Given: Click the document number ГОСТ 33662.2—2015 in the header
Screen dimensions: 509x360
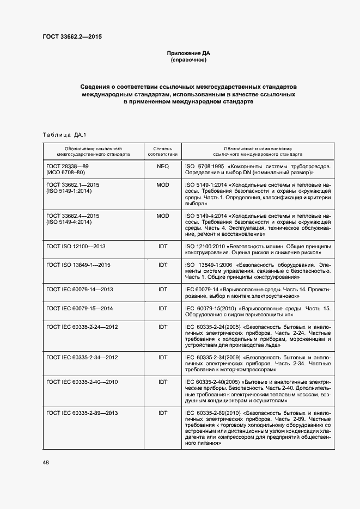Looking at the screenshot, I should pyautogui.click(x=72, y=37).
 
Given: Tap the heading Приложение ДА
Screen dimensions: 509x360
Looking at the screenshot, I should pyautogui.click(x=188, y=53).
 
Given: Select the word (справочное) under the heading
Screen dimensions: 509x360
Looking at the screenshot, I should pyautogui.click(x=188, y=60).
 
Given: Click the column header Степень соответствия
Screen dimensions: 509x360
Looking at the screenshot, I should pyautogui.click(x=162, y=151).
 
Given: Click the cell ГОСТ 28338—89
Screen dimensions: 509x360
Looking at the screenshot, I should pyautogui.click(x=68, y=165).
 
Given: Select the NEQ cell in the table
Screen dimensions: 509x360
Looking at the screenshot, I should pyautogui.click(x=162, y=165).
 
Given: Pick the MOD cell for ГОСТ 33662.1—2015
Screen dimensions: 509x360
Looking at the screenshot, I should pyautogui.click(x=162, y=186).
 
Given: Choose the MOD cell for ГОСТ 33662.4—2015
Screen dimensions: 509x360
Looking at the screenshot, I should pyautogui.click(x=162, y=216).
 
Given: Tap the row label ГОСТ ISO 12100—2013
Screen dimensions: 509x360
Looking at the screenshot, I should pyautogui.click(x=76, y=247).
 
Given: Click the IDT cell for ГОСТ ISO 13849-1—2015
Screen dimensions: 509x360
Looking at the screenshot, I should pyautogui.click(x=162, y=265).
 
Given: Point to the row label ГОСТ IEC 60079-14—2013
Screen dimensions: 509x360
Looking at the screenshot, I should pyautogui.click(x=80, y=290).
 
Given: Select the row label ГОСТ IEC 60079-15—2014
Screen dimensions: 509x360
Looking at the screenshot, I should pyautogui.click(x=80, y=308).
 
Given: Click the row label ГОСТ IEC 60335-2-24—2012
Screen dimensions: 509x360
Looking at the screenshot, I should pyautogui.click(x=82, y=327).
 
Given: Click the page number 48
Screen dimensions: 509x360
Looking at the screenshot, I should pyautogui.click(x=46, y=462).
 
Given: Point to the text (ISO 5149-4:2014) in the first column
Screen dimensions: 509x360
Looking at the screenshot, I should pyautogui.click(x=69, y=223).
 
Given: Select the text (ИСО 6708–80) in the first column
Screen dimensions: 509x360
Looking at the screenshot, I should pyautogui.click(x=66, y=172).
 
